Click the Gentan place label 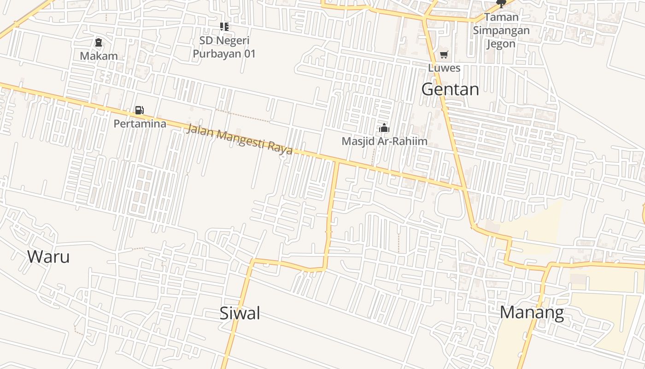(450, 89)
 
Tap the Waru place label (48, 256)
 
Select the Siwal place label (240, 313)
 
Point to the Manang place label (532, 313)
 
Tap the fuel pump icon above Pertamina (139, 110)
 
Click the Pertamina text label (140, 124)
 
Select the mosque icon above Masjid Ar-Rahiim (384, 128)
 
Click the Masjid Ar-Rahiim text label (384, 141)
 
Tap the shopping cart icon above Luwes (444, 55)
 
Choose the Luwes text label (444, 68)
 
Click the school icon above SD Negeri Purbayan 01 (224, 27)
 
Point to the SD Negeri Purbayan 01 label (224, 47)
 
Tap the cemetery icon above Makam (98, 43)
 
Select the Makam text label (99, 56)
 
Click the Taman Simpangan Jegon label (501, 30)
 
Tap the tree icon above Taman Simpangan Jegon (501, 4)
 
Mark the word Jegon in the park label (501, 44)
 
